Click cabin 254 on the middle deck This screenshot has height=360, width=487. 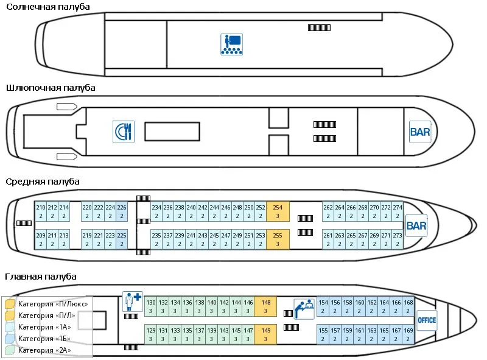coord(278,211)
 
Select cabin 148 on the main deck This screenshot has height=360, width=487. coord(265,306)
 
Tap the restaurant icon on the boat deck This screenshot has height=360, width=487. coord(124,132)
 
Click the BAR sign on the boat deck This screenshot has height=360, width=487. coord(420,132)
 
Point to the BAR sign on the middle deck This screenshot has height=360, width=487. coord(416,226)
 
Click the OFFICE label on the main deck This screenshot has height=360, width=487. coord(427,320)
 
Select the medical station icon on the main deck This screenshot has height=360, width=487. coord(133,301)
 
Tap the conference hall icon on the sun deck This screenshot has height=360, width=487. coord(232,44)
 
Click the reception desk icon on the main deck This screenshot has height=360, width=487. coord(304,309)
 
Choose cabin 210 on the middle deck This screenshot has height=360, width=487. coord(41,211)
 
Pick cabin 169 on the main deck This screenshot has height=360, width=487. coord(408,334)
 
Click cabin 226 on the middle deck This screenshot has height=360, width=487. coord(122,211)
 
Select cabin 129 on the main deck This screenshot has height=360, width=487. coord(150,334)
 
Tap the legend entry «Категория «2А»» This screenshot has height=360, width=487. coord(44,350)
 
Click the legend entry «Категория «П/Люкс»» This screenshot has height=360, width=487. coord(53,304)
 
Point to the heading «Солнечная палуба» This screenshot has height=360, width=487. coord(48,7)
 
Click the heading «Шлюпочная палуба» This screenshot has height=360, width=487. coord(51,88)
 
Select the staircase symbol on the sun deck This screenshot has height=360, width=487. coord(319,27)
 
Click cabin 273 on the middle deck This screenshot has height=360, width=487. coord(398,239)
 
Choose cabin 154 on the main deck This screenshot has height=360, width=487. coord(323,306)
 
